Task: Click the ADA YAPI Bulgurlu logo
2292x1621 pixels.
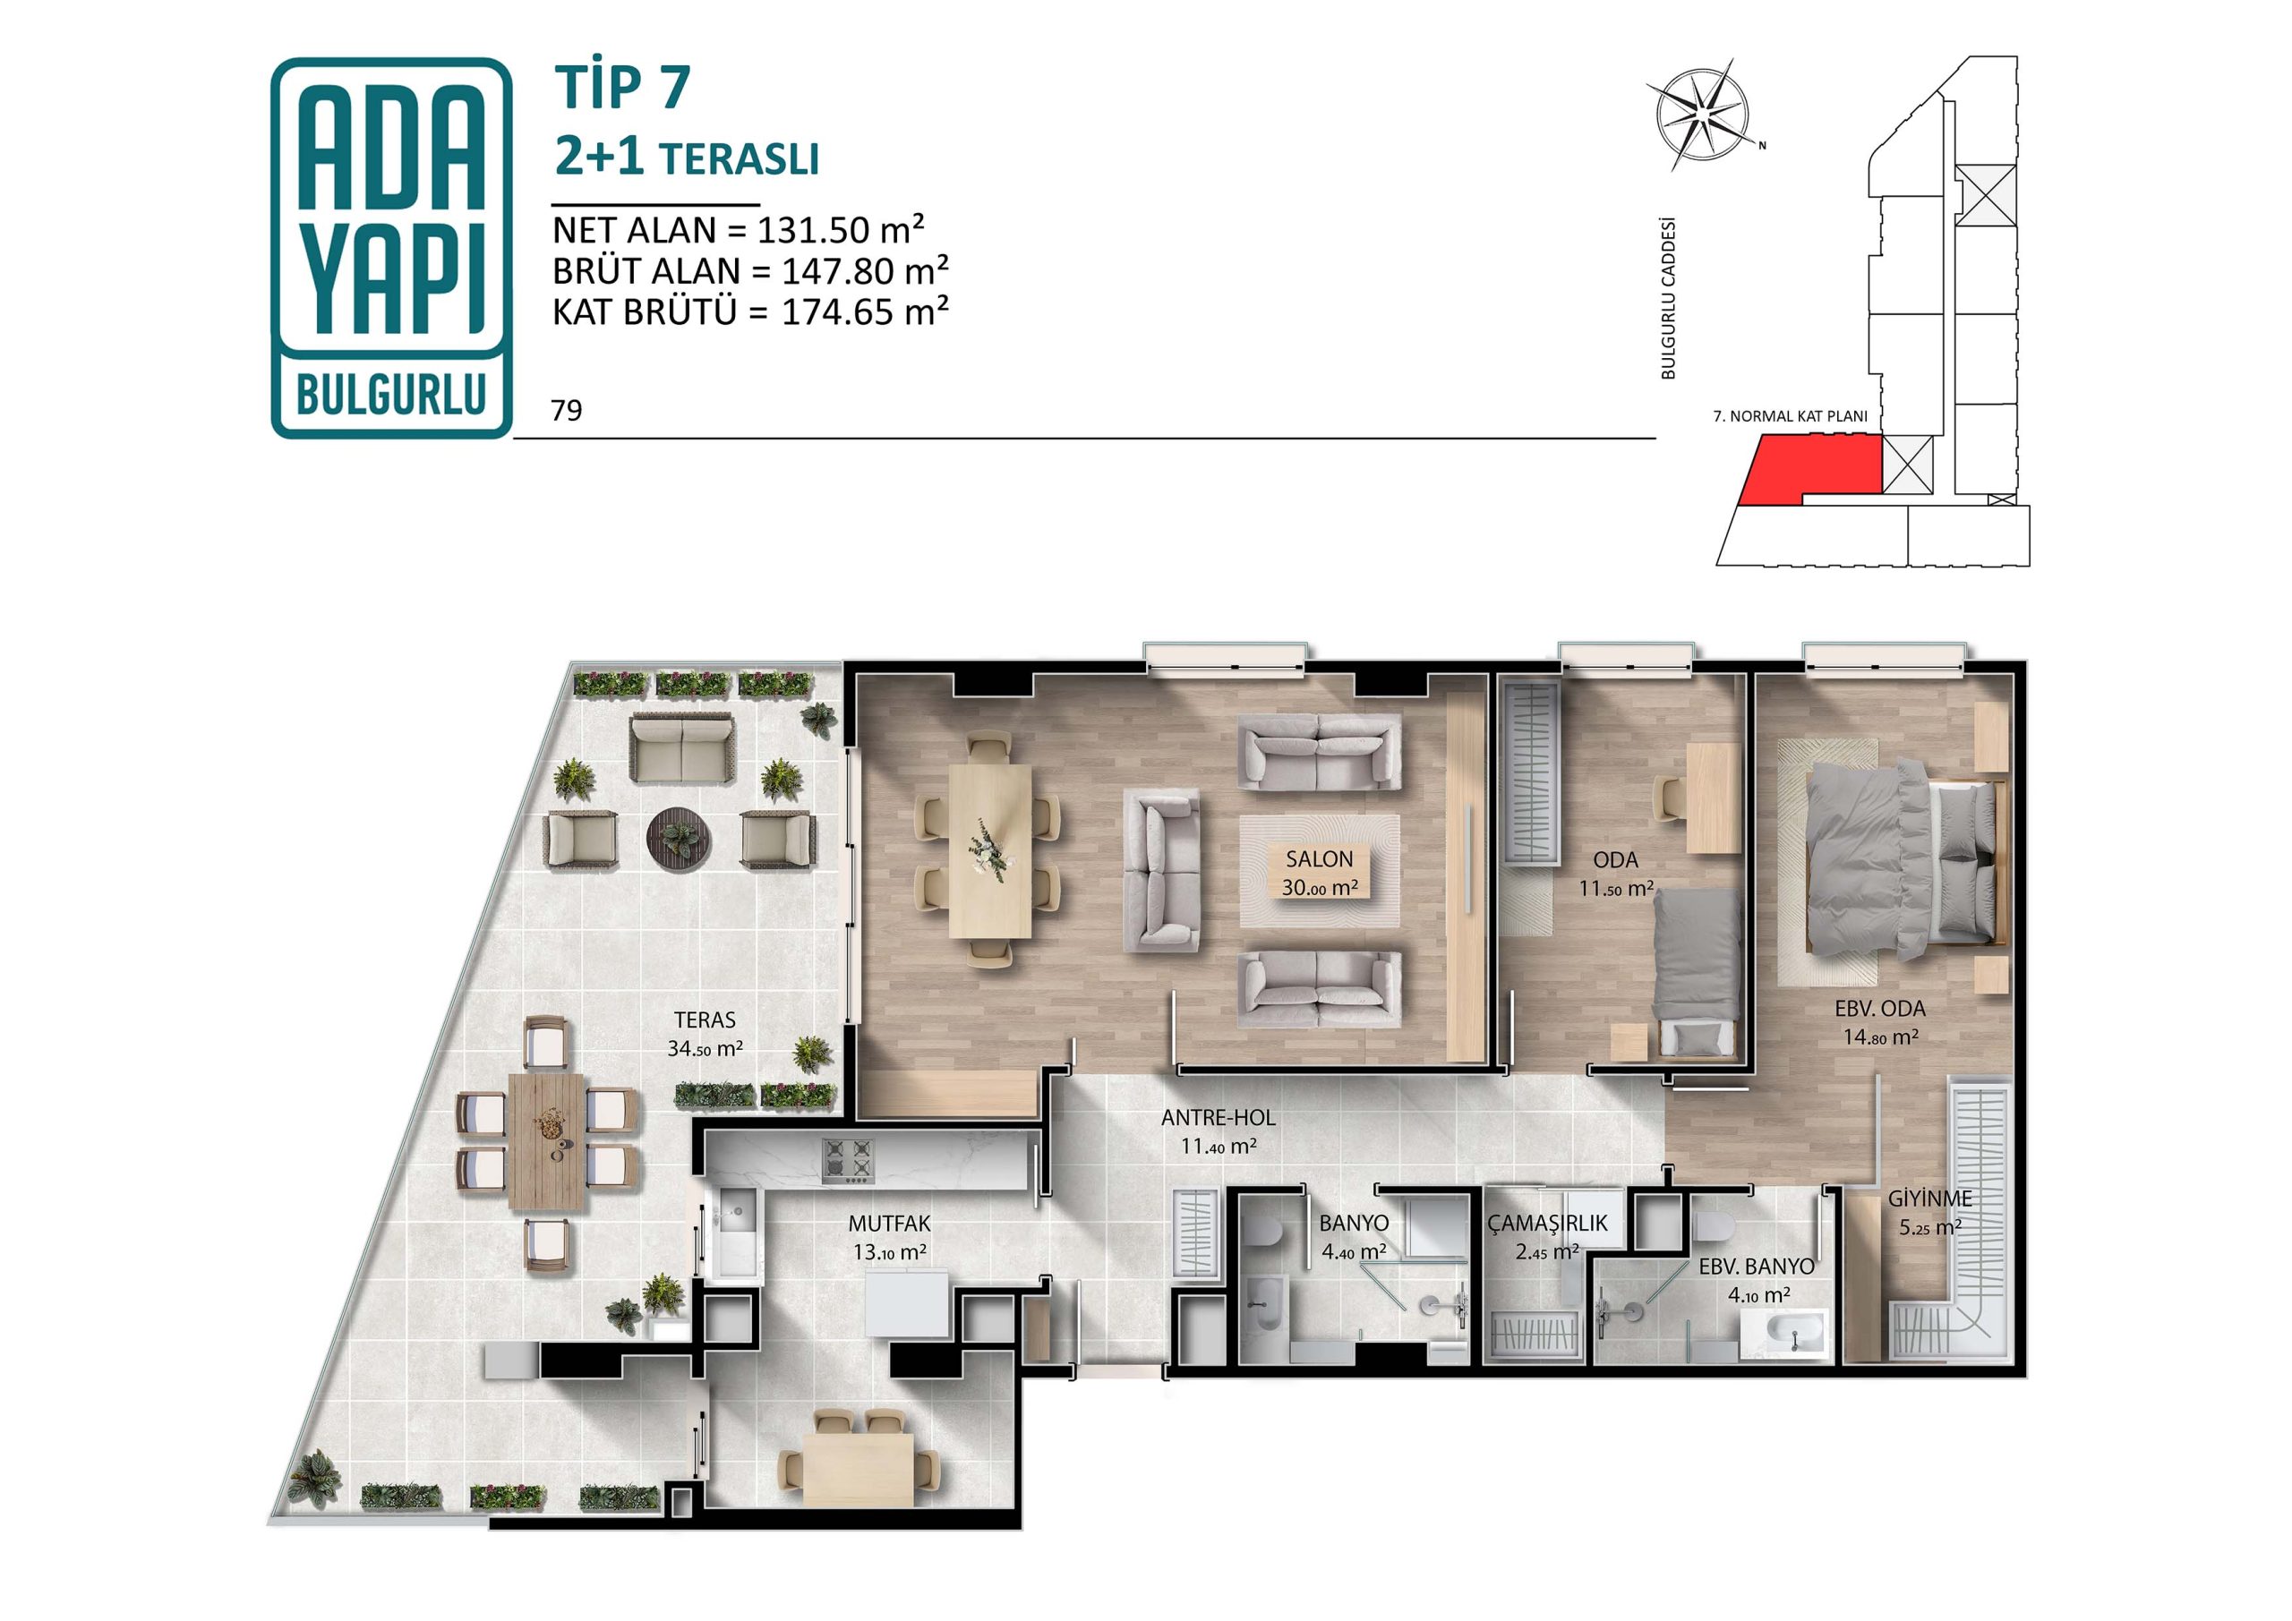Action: (391, 248)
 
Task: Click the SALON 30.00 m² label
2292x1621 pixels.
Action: (1319, 872)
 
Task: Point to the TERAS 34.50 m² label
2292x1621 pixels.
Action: (705, 1033)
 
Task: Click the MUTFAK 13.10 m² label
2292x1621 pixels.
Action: (888, 1237)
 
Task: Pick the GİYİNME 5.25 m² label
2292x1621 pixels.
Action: (1929, 1213)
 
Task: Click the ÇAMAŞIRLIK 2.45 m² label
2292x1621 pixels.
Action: (1547, 1237)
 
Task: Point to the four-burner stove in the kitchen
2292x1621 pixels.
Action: (848, 1162)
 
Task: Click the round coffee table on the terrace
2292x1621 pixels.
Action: (680, 836)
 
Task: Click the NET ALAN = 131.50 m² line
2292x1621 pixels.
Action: (739, 231)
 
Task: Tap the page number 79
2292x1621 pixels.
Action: (566, 411)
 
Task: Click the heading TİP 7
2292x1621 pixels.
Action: (623, 87)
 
